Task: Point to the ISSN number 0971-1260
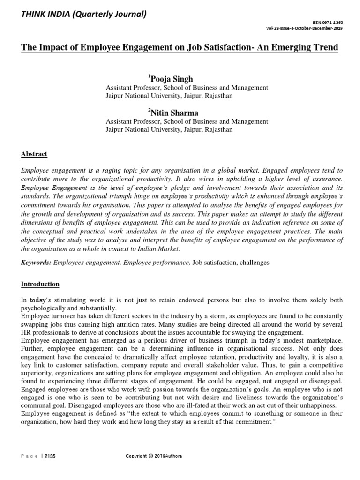point(341,23)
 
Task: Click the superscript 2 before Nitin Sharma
point(150,110)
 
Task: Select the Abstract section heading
point(34,154)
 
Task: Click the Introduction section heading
point(40,284)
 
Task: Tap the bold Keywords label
point(36,262)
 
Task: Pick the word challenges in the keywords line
point(254,262)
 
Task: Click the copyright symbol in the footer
point(150,456)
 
